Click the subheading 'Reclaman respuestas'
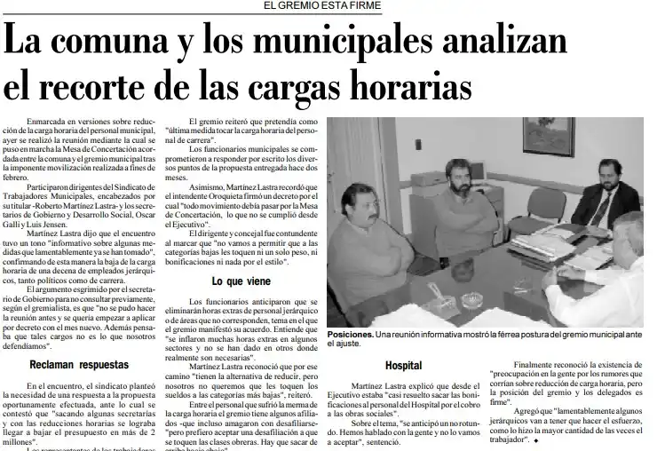point(78,365)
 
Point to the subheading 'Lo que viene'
point(241,281)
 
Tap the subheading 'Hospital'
point(403,366)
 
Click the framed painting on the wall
point(548,135)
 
